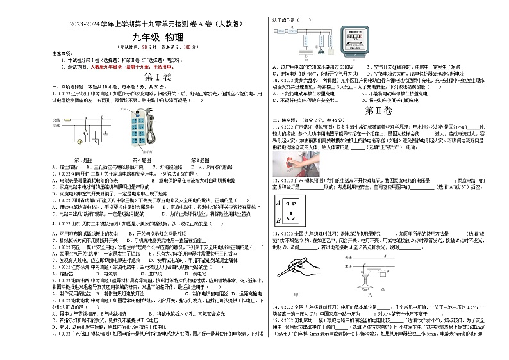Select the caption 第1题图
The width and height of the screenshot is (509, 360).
coord(83,160)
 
